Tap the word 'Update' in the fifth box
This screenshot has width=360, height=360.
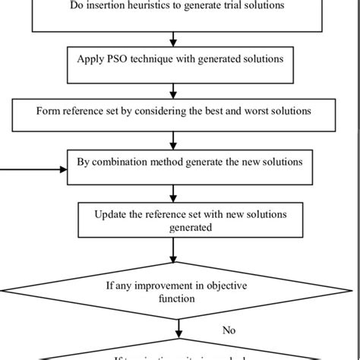click(112, 214)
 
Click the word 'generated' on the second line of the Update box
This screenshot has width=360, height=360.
click(175, 226)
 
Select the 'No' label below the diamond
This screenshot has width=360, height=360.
click(229, 330)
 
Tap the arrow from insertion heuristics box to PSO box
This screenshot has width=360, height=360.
click(175, 38)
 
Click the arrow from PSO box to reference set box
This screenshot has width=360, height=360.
click(175, 91)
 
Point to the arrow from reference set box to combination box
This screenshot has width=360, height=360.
click(175, 140)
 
